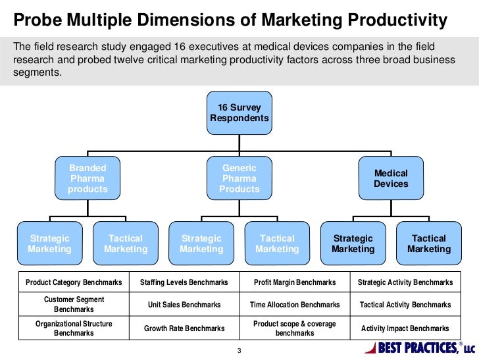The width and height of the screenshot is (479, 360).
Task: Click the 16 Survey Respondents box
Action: [239, 113]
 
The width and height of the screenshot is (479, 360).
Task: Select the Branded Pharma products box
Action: [88, 178]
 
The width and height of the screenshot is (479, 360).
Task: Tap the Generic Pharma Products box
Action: [239, 178]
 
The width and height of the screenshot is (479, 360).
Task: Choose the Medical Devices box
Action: [391, 178]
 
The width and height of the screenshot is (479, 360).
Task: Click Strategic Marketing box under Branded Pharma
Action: [49, 244]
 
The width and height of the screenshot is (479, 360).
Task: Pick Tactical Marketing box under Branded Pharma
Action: [125, 244]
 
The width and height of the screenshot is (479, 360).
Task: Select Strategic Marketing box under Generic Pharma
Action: [201, 244]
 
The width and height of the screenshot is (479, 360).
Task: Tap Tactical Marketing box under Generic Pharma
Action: [277, 244]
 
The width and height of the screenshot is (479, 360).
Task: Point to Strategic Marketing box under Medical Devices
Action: [353, 244]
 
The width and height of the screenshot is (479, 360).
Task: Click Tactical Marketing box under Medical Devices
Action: [429, 244]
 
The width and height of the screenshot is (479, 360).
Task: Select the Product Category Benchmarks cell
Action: [74, 282]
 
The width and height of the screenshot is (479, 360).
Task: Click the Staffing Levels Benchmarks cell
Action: [184, 282]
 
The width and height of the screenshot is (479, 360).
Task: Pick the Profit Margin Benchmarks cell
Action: [295, 282]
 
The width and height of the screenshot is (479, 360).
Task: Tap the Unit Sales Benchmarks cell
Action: [184, 305]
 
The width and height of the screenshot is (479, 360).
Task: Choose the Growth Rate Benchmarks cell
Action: [184, 328]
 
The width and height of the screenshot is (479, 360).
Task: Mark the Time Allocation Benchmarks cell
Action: [295, 305]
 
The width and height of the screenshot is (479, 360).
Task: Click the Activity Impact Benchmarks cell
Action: [405, 328]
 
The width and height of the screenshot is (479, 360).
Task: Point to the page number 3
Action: [239, 349]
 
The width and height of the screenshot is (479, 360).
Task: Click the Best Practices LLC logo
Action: [418, 347]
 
